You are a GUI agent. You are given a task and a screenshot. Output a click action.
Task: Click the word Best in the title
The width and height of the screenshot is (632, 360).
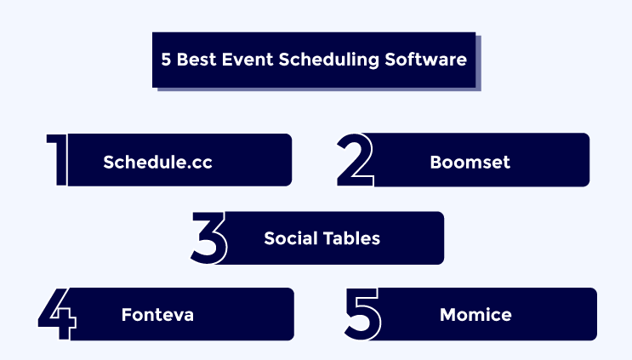[196, 60]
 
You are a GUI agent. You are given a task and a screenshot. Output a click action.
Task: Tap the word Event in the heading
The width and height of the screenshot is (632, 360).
[248, 60]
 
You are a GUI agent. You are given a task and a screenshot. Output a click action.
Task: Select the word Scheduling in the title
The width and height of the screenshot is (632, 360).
[329, 60]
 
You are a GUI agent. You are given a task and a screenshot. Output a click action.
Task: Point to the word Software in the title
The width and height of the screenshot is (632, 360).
[425, 60]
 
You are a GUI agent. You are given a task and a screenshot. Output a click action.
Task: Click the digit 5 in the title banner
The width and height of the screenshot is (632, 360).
[166, 60]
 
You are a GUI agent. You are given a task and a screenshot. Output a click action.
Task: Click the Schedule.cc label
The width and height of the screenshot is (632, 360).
[157, 162]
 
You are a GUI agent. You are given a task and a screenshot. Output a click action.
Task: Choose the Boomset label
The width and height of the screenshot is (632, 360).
[470, 162]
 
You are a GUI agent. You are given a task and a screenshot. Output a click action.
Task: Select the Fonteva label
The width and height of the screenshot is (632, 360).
[157, 315]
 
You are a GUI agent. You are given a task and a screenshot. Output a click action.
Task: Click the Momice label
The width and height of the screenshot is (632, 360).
[475, 315]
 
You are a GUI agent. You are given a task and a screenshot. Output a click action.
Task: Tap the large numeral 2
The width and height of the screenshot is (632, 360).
[355, 160]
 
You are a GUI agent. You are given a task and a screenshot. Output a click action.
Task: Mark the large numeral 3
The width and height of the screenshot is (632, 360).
[208, 237]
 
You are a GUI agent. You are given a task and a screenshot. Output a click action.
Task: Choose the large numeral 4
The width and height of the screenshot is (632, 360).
[58, 314]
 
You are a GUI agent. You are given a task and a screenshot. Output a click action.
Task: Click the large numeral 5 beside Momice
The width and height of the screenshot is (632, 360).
[362, 314]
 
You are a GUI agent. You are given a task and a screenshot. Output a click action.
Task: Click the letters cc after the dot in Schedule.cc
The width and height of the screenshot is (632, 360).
[202, 163]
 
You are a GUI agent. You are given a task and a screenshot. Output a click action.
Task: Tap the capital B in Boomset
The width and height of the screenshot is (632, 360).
[436, 162]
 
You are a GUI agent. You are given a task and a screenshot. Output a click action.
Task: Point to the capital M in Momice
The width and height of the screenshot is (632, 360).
[447, 315]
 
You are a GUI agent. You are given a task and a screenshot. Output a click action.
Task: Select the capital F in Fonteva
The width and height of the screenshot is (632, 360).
[127, 315]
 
